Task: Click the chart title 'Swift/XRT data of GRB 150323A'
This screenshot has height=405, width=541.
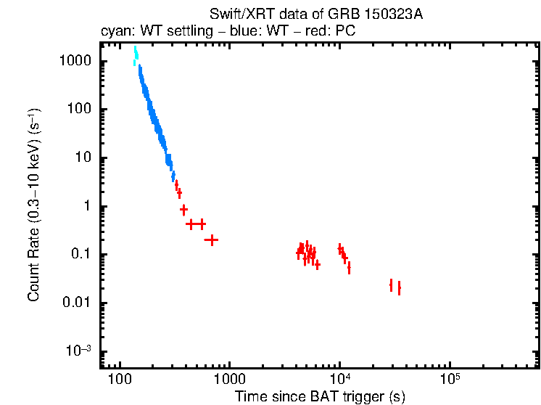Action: [x=315, y=14]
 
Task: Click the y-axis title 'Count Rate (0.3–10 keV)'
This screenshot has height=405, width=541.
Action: [x=34, y=206]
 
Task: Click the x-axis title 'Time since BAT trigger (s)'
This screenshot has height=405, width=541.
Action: [x=320, y=396]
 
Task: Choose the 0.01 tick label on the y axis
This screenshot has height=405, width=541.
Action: [x=75, y=303]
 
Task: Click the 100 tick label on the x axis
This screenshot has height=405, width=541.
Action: [x=120, y=380]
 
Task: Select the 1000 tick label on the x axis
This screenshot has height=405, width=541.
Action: [x=229, y=380]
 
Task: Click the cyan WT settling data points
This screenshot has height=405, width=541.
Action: [x=135, y=56]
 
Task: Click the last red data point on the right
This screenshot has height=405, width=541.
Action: [x=399, y=288]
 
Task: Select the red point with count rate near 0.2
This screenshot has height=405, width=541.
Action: [x=212, y=240]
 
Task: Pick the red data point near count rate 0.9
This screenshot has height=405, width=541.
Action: [x=184, y=209]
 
